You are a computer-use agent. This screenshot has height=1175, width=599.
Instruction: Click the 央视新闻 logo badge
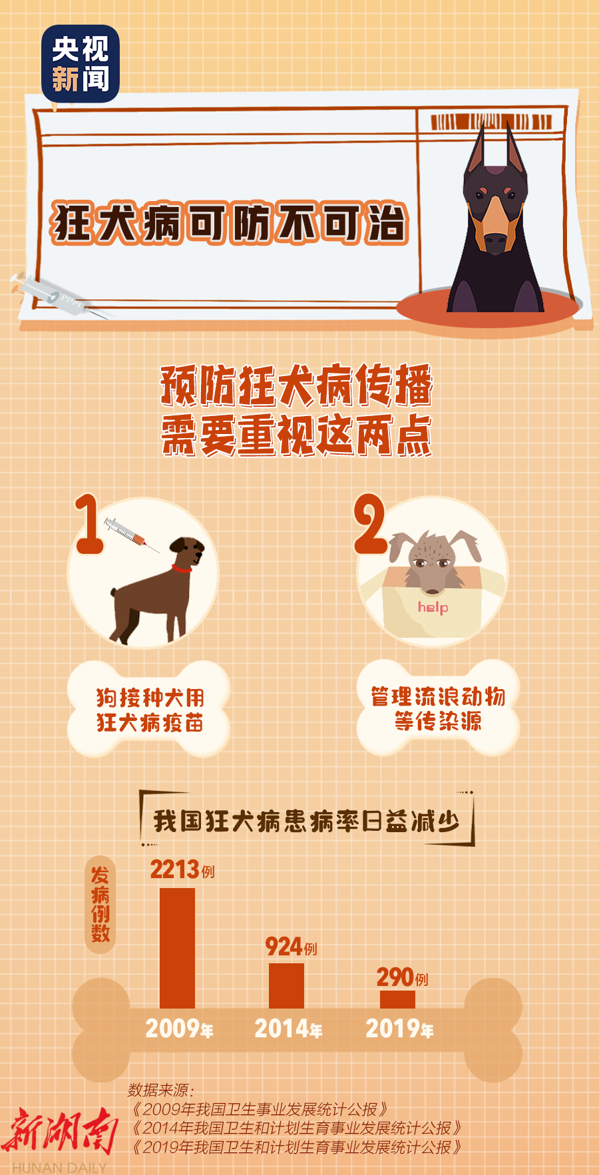click(x=81, y=63)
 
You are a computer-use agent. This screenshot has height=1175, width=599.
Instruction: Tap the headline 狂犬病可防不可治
click(x=230, y=222)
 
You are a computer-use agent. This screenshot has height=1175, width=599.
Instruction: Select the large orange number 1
click(x=89, y=524)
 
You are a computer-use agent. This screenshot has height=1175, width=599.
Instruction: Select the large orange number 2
click(x=369, y=524)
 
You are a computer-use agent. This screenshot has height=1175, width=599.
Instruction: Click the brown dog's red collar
click(x=182, y=569)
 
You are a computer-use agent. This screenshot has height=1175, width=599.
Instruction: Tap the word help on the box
click(x=433, y=607)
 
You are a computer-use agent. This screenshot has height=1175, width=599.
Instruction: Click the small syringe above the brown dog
click(x=131, y=535)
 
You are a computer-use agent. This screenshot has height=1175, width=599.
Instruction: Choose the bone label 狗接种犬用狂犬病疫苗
click(x=149, y=710)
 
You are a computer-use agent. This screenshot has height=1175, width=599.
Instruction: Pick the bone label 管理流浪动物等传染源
click(x=438, y=708)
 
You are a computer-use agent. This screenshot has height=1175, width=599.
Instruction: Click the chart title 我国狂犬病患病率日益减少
click(x=307, y=821)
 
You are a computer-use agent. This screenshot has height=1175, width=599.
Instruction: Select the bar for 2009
click(x=177, y=948)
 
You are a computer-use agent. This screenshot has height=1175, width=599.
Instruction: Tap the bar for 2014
click(x=286, y=986)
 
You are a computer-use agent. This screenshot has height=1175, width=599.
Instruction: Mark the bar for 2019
click(x=397, y=999)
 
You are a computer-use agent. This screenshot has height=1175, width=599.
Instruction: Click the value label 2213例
click(x=182, y=869)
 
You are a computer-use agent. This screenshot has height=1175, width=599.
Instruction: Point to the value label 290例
click(x=402, y=977)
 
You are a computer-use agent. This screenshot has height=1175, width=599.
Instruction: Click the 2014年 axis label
click(x=288, y=1029)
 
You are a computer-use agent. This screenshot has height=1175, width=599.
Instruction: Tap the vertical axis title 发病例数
click(x=100, y=904)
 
